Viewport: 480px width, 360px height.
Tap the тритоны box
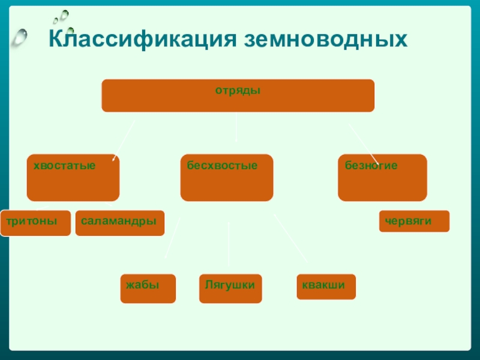pyautogui.click(x=35, y=223)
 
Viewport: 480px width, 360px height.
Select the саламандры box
pyautogui.click(x=120, y=223)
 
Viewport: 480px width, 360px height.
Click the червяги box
pyautogui.click(x=414, y=221)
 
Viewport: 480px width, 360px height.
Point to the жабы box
pyautogui.click(x=148, y=288)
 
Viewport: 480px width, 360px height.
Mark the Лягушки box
pyautogui.click(x=230, y=288)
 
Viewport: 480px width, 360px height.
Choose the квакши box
pyautogui.click(x=326, y=287)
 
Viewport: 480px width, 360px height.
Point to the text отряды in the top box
pyautogui.click(x=238, y=91)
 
